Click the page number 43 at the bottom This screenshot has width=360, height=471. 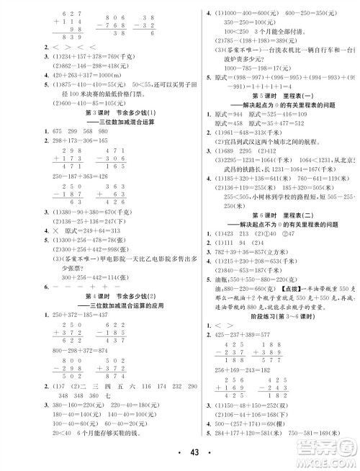179,452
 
